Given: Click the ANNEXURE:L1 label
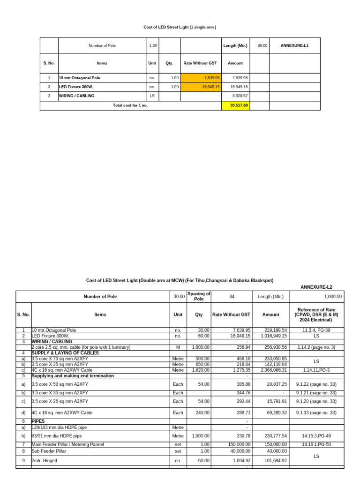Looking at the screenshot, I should [294, 45].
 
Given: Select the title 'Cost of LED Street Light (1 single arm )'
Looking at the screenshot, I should [180, 27].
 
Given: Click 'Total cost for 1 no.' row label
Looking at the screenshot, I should [130, 105].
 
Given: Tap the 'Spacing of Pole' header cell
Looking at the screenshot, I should [199, 297].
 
